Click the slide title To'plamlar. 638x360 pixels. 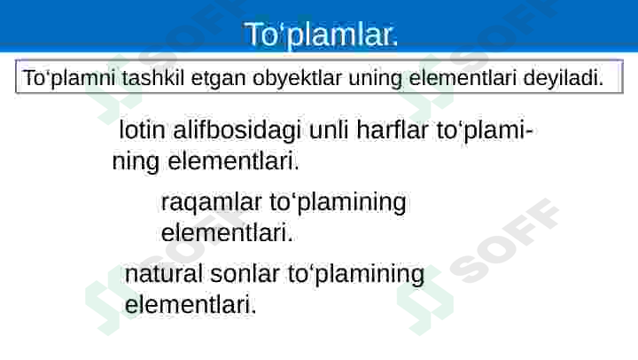[321, 35]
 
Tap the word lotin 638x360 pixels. [141, 131]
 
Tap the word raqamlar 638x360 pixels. [199, 203]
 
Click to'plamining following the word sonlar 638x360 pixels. [356, 274]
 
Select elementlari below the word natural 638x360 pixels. [191, 306]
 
